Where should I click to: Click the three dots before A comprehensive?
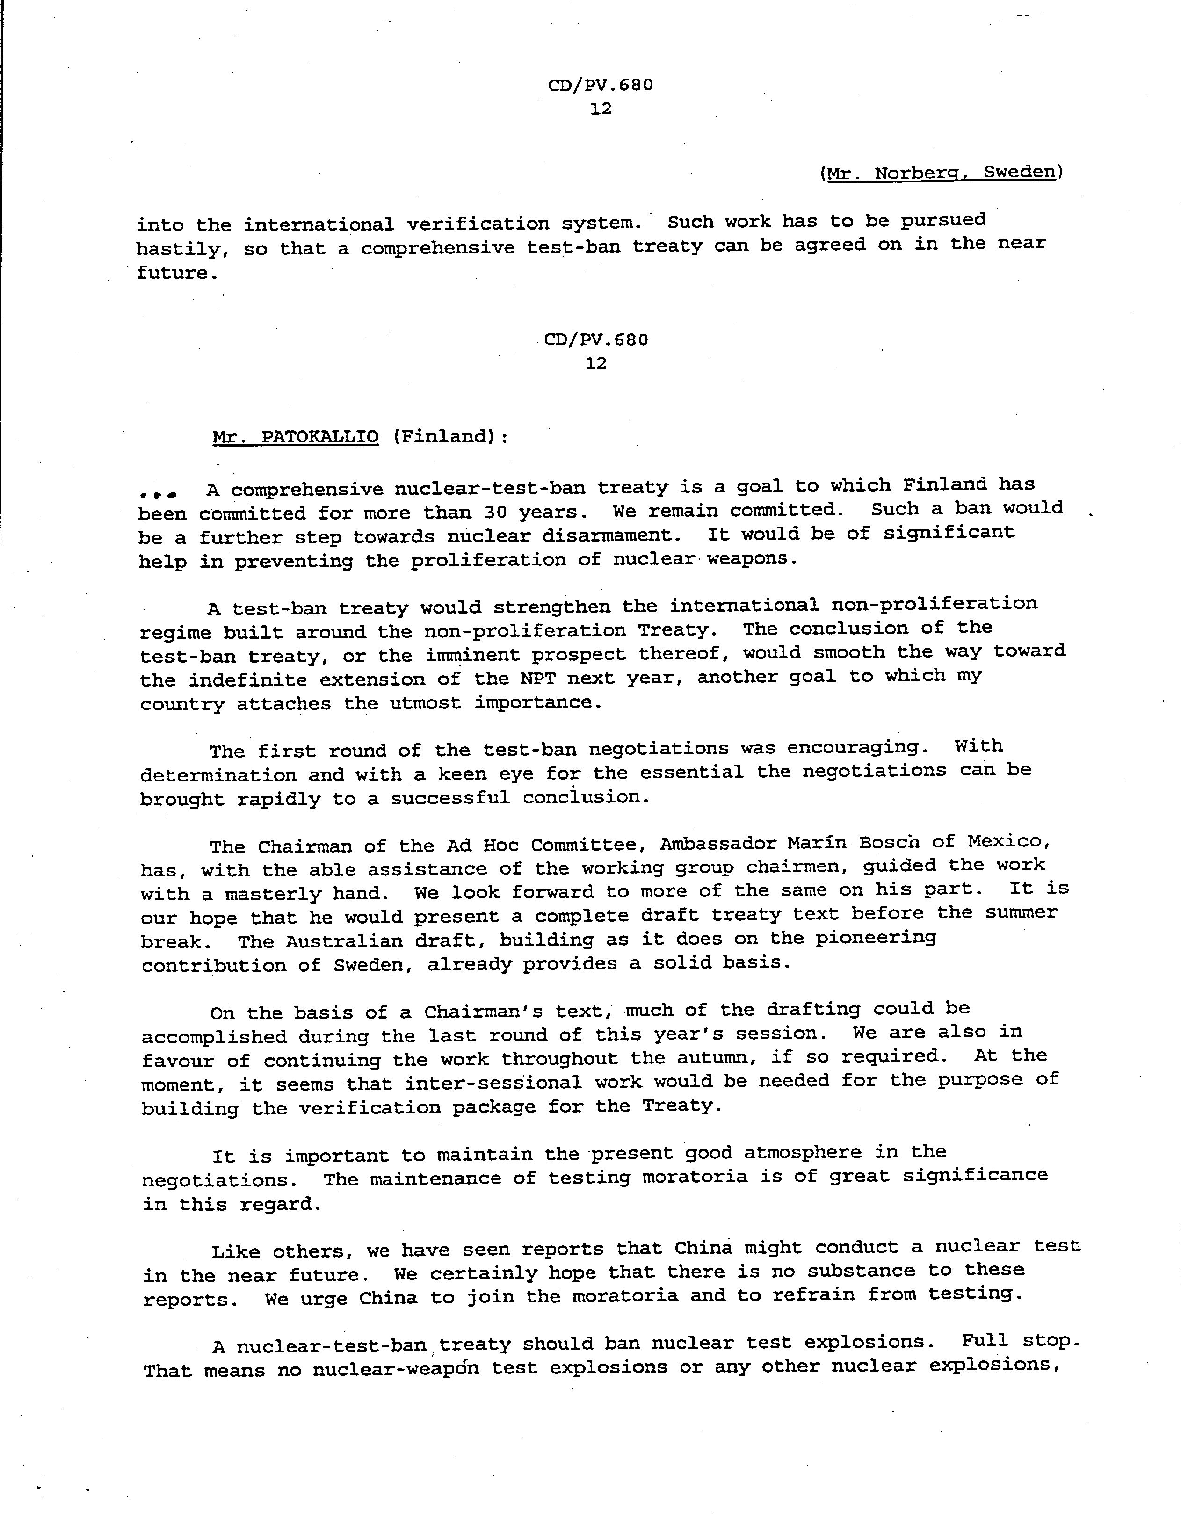click(x=159, y=493)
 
